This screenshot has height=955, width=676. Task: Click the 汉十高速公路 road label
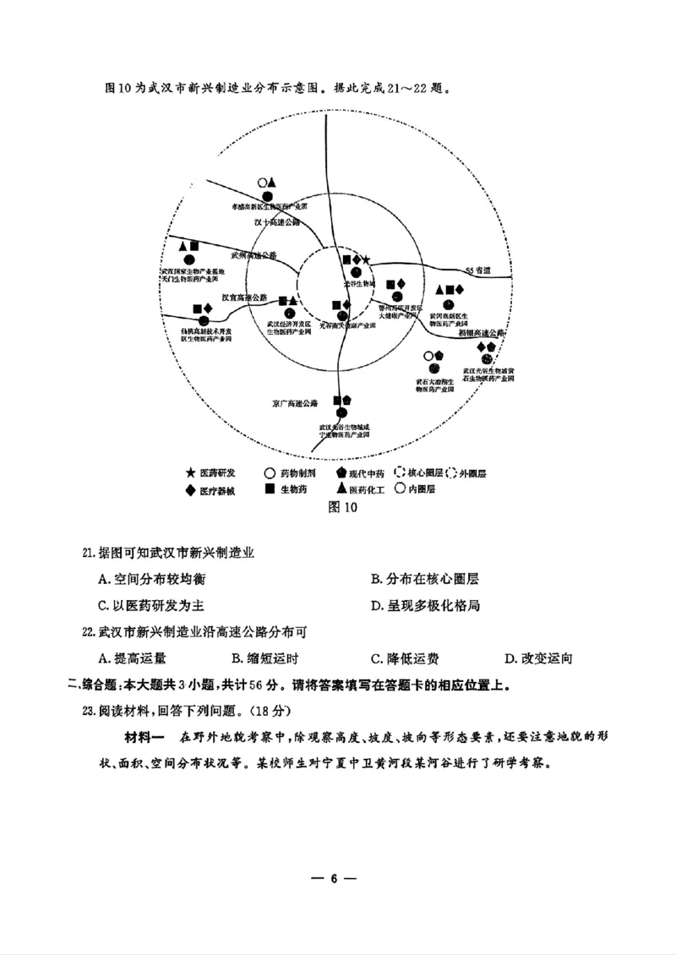point(277,222)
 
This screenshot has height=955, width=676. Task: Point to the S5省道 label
point(477,270)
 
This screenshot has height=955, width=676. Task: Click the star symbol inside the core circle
point(367,259)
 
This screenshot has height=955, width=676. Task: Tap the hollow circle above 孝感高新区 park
point(264,182)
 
